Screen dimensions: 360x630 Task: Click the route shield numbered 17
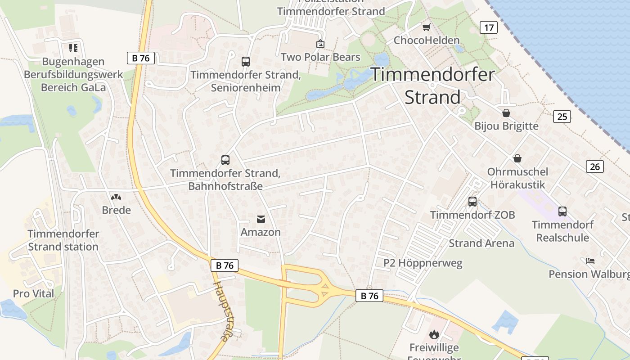pos(489,27)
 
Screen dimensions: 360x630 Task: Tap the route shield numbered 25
pos(562,117)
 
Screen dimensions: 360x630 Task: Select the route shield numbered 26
pos(595,166)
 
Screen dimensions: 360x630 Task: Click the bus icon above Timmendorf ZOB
pos(472,201)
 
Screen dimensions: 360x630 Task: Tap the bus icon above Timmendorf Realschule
pos(562,211)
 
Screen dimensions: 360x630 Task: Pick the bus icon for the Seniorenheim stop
pos(246,62)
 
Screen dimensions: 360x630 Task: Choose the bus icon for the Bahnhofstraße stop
pos(225,160)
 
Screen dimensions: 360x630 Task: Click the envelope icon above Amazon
pos(261,219)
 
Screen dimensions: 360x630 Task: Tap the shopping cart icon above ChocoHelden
pos(426,27)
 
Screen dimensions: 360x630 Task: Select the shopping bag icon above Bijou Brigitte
pos(506,112)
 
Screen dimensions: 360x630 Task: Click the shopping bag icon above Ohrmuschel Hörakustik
pos(517,158)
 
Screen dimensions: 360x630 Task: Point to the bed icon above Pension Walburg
pos(590,261)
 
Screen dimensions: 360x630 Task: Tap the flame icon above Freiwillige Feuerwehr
pos(434,334)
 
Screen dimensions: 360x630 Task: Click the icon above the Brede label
pos(116,197)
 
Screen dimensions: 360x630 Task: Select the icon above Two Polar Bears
pos(320,44)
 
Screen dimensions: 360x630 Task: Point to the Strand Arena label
pos(481,243)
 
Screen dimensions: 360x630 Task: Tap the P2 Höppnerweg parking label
pos(423,263)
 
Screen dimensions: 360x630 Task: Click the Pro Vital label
pos(33,294)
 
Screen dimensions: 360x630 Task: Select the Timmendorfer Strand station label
pos(63,240)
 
